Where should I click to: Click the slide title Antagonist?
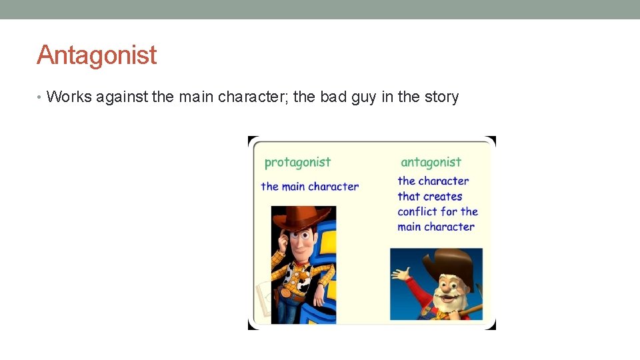[97, 55]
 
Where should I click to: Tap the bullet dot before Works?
[41, 97]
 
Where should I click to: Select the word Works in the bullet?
[69, 97]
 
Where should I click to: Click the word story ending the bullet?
[441, 97]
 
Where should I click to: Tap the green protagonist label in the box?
[297, 162]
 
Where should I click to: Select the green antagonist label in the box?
[431, 162]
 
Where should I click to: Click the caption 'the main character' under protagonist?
[309, 187]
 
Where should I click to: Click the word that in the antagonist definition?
[409, 197]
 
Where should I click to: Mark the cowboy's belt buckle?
[287, 292]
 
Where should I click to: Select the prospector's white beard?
[445, 297]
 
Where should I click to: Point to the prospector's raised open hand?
[401, 275]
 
